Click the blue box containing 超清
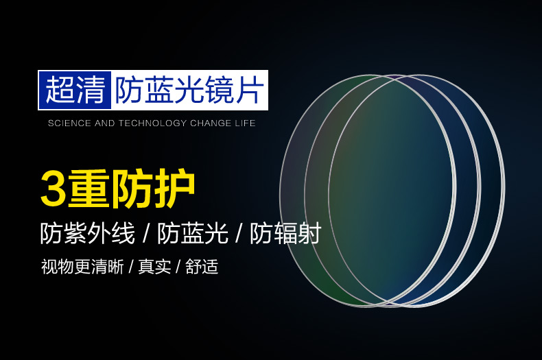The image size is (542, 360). [x=75, y=91]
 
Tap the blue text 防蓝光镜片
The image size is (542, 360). [x=190, y=91]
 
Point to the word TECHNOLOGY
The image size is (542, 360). [x=153, y=123]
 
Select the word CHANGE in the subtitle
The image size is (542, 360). [x=211, y=123]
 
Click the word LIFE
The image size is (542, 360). [x=245, y=123]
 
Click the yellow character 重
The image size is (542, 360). [x=88, y=189]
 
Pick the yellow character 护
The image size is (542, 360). [x=175, y=189]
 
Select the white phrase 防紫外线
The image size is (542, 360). [x=87, y=234]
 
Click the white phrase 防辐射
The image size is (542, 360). [x=285, y=234]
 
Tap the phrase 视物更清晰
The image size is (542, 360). [x=82, y=267]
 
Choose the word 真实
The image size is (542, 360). [x=154, y=267]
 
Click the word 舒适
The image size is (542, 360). [x=202, y=267]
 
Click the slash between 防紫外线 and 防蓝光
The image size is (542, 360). [x=146, y=234]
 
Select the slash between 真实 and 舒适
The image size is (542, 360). [x=178, y=267]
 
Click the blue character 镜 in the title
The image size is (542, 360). [x=220, y=91]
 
